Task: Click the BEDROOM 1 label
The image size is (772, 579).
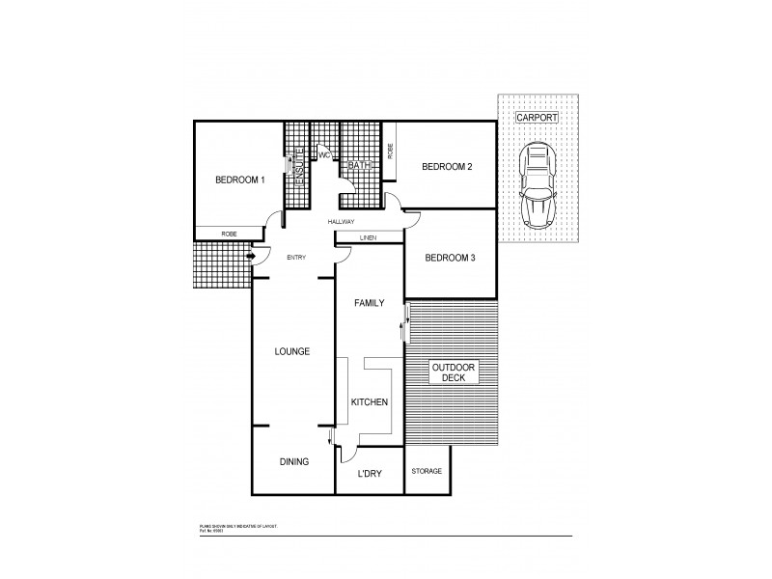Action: [x=239, y=179]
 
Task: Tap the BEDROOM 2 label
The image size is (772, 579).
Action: [x=447, y=167]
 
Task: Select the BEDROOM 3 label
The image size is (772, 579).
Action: [x=449, y=257]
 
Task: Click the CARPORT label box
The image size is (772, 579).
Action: [x=536, y=117]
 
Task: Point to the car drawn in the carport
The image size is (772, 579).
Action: [x=537, y=186]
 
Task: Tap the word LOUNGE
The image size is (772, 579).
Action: [x=291, y=351]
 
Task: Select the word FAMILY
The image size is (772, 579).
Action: [x=369, y=303]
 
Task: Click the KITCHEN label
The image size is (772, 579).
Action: [x=370, y=401]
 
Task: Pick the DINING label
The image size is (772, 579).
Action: [x=293, y=461]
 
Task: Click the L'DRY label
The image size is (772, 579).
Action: [x=369, y=473]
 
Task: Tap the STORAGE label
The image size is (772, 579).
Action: [x=427, y=471]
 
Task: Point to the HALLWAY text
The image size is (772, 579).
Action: [x=341, y=222]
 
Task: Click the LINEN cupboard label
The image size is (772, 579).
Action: [x=368, y=237]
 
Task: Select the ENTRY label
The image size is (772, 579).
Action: [x=296, y=257]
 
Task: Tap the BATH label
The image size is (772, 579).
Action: [x=360, y=165]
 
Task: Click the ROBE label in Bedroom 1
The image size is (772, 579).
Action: [x=229, y=234]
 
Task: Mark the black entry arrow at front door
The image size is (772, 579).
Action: [x=251, y=256]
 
